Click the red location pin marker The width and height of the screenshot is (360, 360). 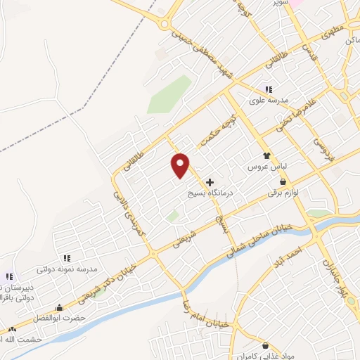[x=181, y=164]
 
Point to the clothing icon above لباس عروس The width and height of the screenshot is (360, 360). [x=266, y=156]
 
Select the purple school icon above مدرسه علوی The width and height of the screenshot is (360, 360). [x=269, y=89]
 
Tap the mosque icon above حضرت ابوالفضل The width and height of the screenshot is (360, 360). [x=60, y=307]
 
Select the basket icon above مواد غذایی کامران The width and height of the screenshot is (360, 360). [x=265, y=345]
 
